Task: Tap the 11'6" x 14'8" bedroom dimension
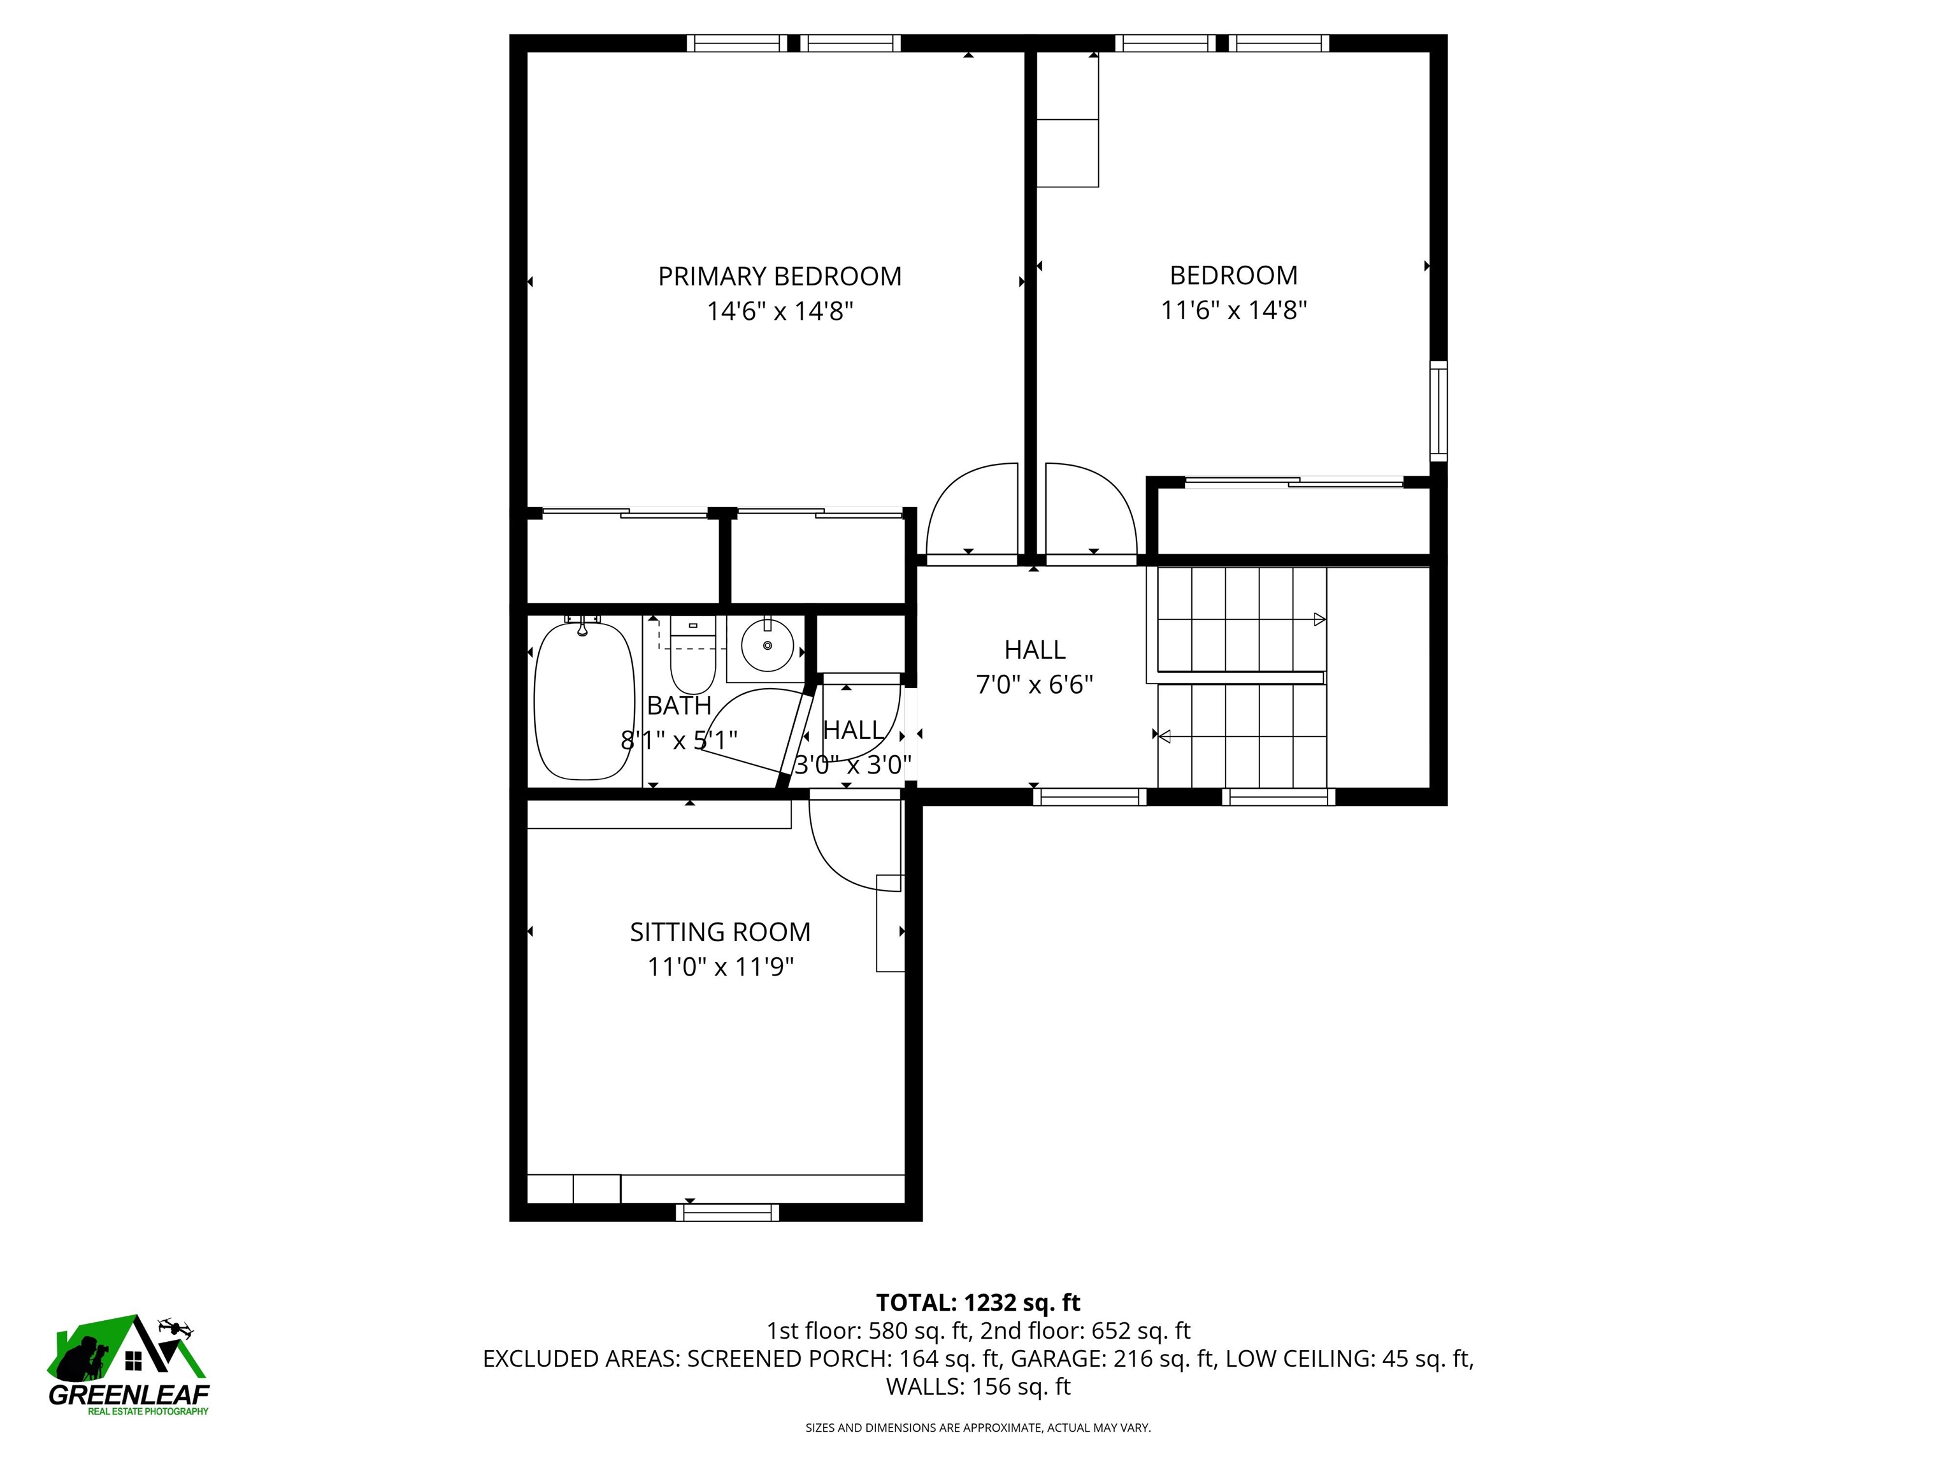coord(1233,310)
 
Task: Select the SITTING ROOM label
coord(719,932)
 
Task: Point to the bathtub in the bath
coord(585,700)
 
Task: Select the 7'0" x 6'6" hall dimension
coord(1034,685)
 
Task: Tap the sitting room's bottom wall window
coord(728,1213)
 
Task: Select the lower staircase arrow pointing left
coord(1165,735)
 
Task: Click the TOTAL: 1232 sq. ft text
coord(978,1302)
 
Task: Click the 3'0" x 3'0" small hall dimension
coord(853,765)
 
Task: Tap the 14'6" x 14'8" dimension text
coord(780,312)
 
